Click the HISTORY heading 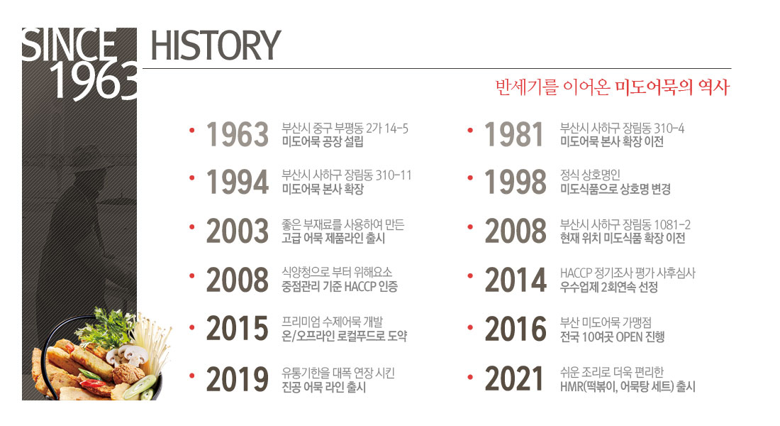click(x=216, y=45)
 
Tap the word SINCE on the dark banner click(x=69, y=45)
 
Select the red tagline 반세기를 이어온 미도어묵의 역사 click(x=613, y=87)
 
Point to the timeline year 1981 click(x=514, y=134)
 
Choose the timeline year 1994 click(x=238, y=182)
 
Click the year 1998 click(x=516, y=182)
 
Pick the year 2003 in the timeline click(x=238, y=231)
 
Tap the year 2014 click(x=516, y=280)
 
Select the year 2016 click(x=516, y=329)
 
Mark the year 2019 click(x=238, y=379)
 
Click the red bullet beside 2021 click(x=470, y=377)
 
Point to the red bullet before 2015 click(x=192, y=327)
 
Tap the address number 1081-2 click(x=672, y=224)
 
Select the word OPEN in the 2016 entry click(x=629, y=337)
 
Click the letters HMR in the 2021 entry click(x=571, y=386)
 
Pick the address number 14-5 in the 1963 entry click(x=396, y=129)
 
